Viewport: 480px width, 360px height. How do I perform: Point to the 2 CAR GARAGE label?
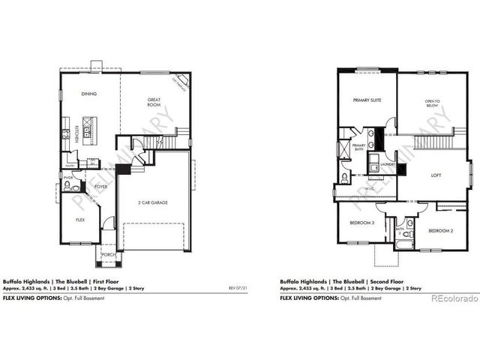point(153,203)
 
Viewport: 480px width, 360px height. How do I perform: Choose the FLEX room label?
point(79,220)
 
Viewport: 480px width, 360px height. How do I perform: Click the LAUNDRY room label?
point(387,164)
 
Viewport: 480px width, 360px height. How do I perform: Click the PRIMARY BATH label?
point(358,148)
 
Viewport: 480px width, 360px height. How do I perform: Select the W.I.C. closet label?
point(371,187)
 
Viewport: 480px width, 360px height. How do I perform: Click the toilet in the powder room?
point(67,185)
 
